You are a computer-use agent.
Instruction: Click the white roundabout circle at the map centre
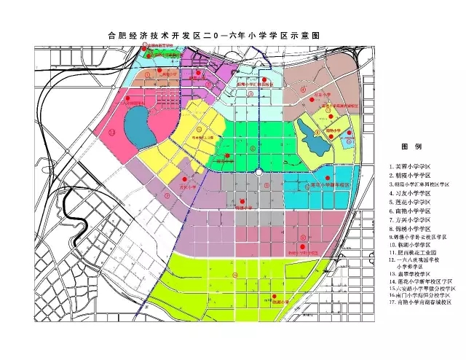click(x=259, y=173)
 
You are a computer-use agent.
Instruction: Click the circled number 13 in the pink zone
click(x=111, y=133)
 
